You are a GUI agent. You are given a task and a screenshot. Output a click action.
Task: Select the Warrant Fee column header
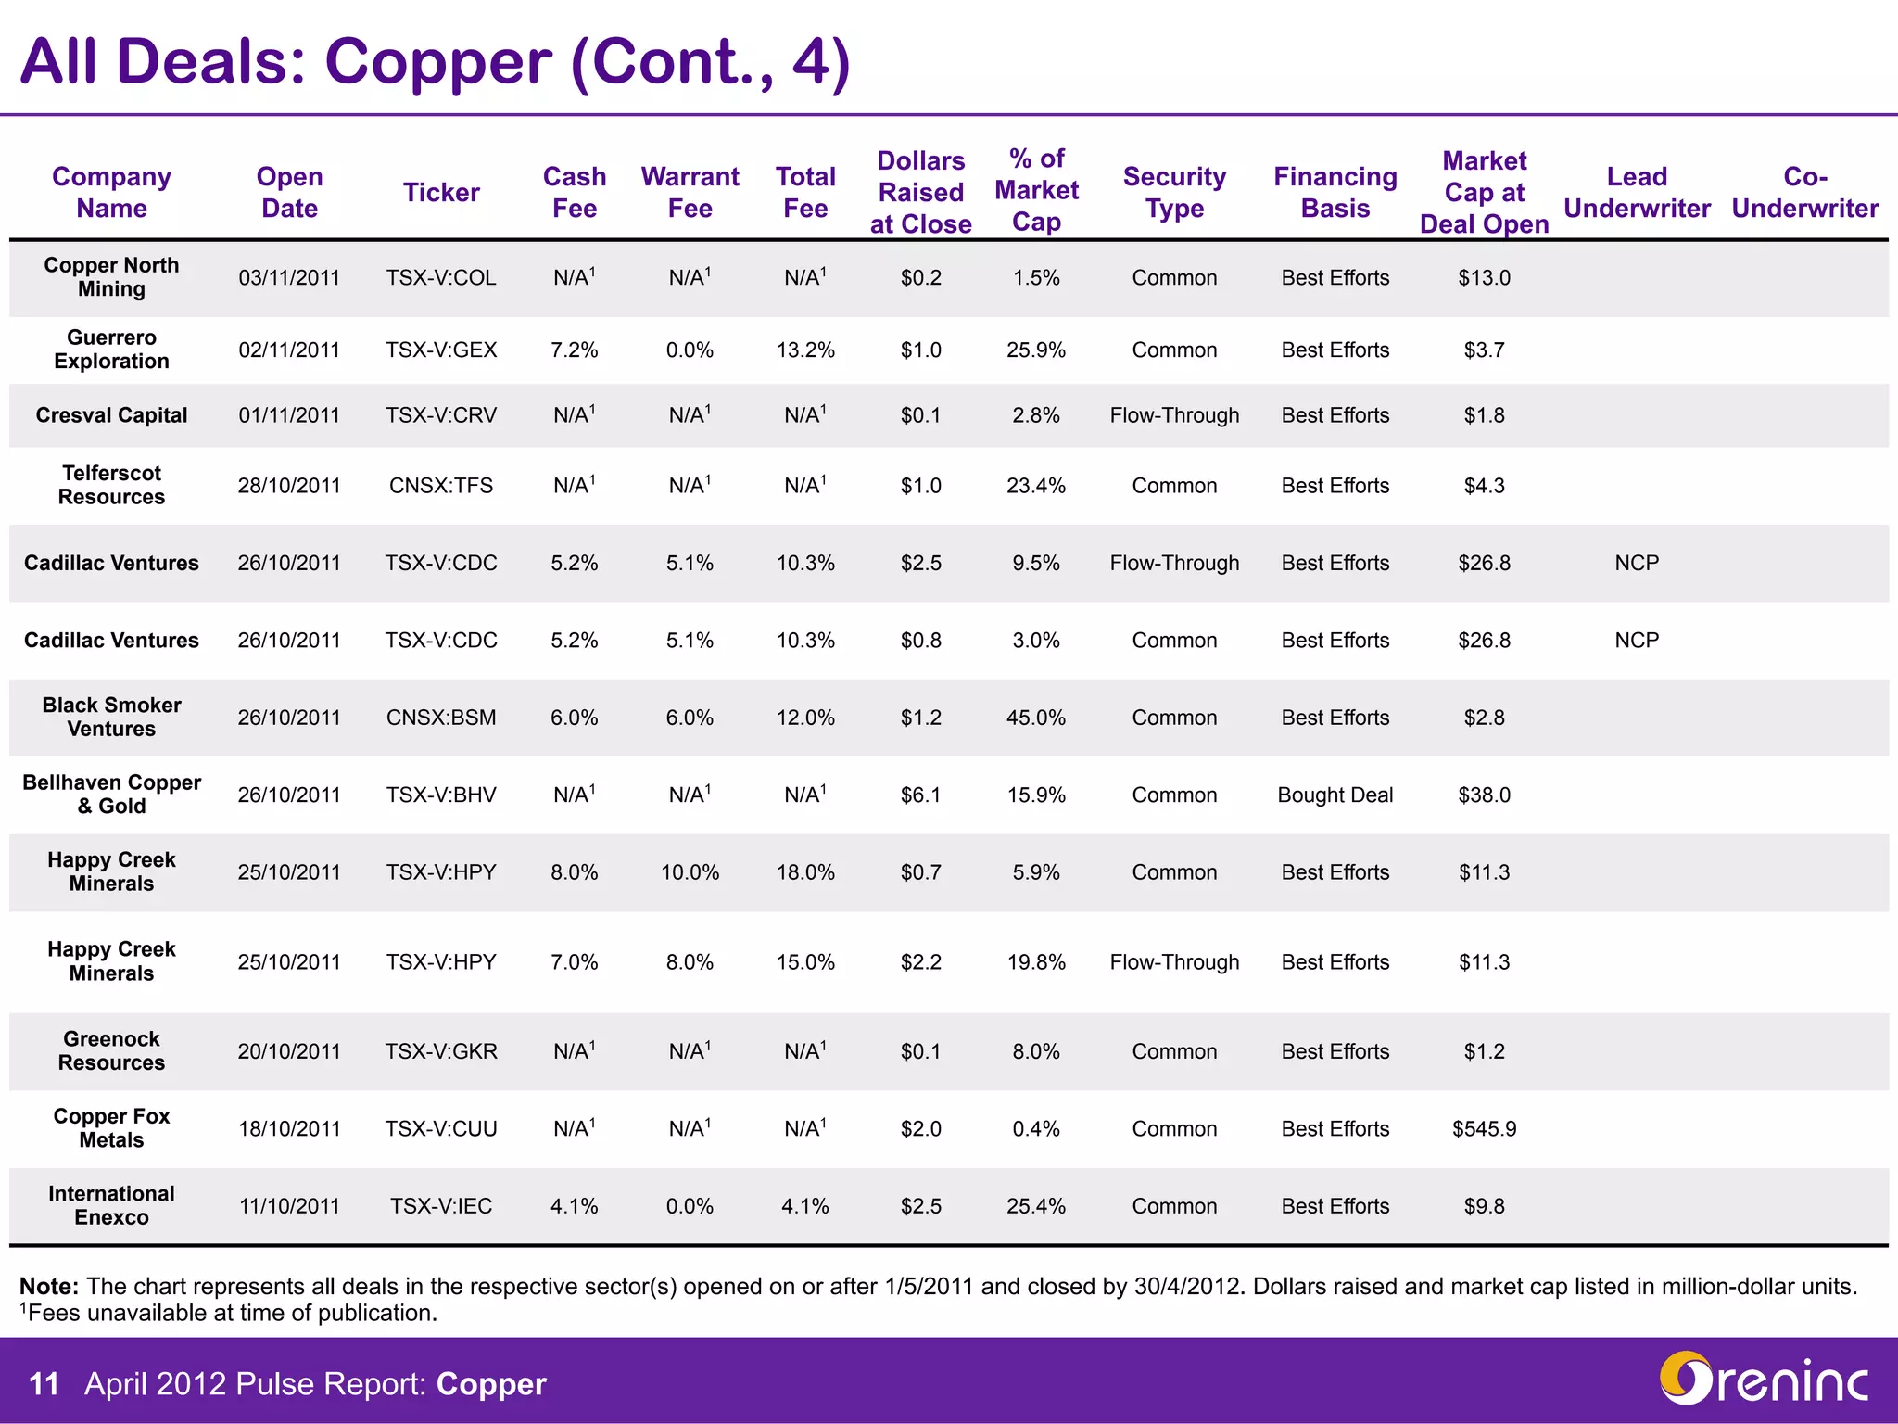(690, 192)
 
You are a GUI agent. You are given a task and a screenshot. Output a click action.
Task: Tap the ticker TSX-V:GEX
(441, 350)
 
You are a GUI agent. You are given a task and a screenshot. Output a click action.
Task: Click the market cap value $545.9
(1484, 1129)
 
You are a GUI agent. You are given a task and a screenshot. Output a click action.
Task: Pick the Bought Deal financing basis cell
(1335, 795)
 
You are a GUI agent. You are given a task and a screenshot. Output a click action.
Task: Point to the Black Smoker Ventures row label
(111, 717)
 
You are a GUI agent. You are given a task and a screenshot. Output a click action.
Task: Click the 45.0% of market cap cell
(1036, 718)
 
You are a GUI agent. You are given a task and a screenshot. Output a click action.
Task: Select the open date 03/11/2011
(289, 278)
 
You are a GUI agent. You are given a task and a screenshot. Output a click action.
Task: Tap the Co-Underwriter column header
(1804, 192)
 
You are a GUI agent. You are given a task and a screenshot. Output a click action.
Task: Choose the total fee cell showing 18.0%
(805, 872)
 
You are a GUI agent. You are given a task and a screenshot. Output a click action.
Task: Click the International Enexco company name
(111, 1205)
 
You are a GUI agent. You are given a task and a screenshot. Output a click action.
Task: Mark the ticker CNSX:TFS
(441, 486)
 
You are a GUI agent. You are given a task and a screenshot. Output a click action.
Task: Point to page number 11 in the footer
(44, 1384)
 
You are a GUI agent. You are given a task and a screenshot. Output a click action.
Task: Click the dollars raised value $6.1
(920, 795)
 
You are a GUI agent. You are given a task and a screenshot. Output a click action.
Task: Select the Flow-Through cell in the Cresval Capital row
(1174, 415)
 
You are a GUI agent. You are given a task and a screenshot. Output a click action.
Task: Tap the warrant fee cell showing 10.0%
(690, 872)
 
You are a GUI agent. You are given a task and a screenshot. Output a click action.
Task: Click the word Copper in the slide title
(437, 62)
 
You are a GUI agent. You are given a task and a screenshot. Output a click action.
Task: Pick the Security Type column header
(1174, 192)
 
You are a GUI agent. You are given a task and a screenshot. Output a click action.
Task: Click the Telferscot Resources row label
(111, 485)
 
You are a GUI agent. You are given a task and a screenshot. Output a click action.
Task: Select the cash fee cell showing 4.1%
(574, 1206)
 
